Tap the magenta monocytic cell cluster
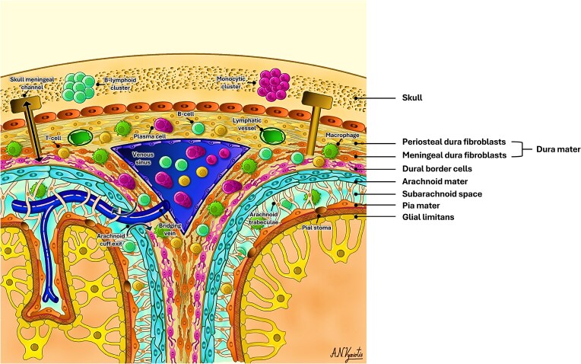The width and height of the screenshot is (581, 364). coord(275,84)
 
